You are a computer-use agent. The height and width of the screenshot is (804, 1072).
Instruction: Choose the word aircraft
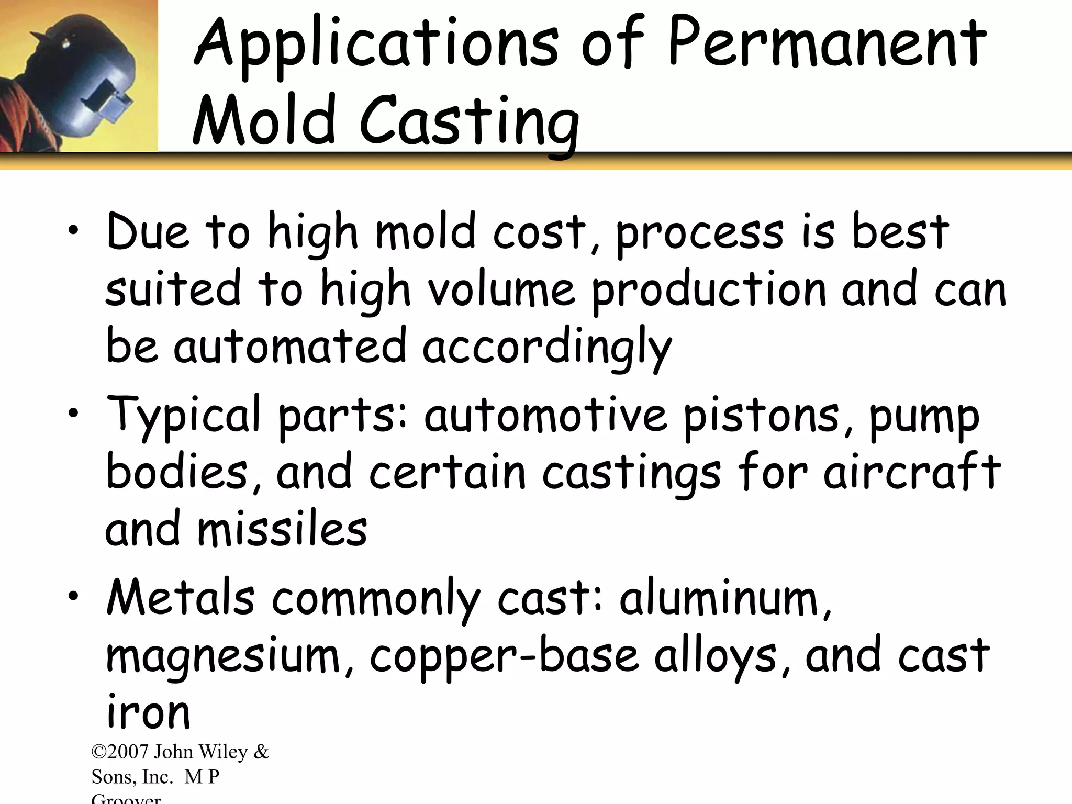[912, 471]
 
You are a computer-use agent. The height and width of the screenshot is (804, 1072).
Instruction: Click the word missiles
[282, 529]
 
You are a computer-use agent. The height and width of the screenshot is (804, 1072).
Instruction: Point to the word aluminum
[725, 599]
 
